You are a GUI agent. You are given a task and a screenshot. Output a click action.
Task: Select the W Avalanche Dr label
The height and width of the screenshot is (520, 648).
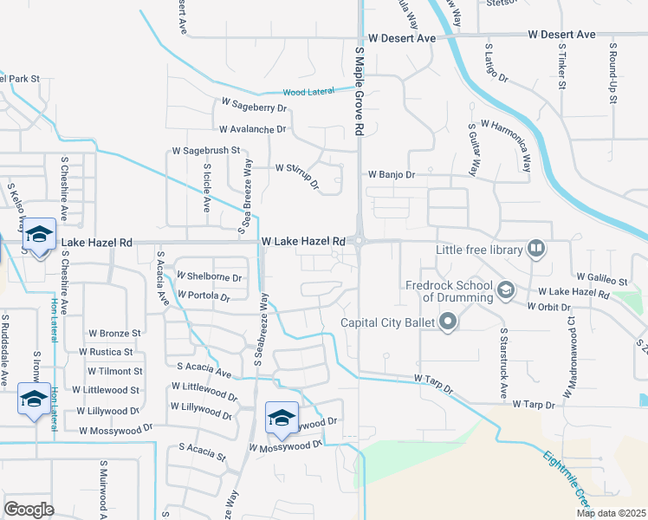tap(252, 129)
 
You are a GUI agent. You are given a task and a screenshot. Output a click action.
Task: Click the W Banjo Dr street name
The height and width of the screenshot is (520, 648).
tap(392, 174)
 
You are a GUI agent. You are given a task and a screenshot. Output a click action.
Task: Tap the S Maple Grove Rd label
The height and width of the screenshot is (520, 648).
tap(358, 91)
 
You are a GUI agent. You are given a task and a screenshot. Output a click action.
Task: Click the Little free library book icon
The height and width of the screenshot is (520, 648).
tap(536, 250)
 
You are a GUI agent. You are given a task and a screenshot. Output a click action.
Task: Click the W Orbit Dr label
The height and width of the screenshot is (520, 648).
tap(548, 306)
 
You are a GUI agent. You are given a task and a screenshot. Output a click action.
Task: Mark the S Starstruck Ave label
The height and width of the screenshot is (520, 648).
tap(503, 363)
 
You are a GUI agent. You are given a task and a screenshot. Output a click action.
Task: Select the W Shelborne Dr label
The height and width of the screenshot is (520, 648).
tap(209, 277)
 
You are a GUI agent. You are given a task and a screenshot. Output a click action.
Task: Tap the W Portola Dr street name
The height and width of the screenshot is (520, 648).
tap(203, 296)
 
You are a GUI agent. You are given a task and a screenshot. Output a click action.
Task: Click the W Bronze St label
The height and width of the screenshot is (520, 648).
tap(114, 333)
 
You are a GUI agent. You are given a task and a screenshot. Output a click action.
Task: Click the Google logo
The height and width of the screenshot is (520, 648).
tap(29, 510)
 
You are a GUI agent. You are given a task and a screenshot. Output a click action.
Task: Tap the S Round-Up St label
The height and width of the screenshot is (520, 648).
tap(612, 73)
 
